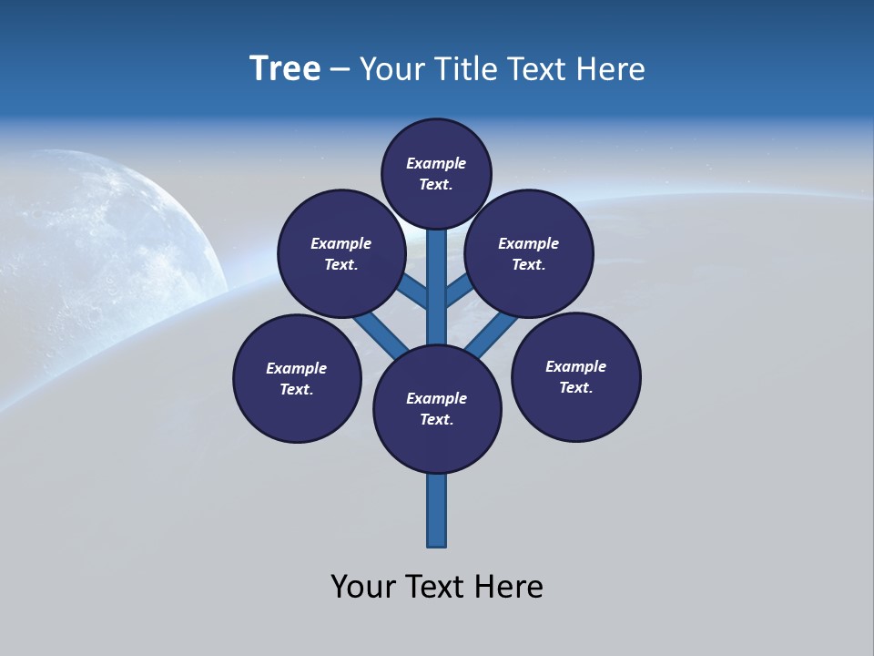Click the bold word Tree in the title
[x=285, y=69]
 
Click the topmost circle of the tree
[x=436, y=173]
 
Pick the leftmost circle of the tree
[x=297, y=378]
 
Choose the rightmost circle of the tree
[x=575, y=376]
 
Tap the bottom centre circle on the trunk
[x=437, y=409]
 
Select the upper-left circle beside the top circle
[x=340, y=253]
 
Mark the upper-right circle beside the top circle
[x=529, y=253]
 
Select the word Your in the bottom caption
[x=363, y=587]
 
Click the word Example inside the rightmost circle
[x=575, y=366]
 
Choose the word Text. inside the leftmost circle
[x=297, y=389]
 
